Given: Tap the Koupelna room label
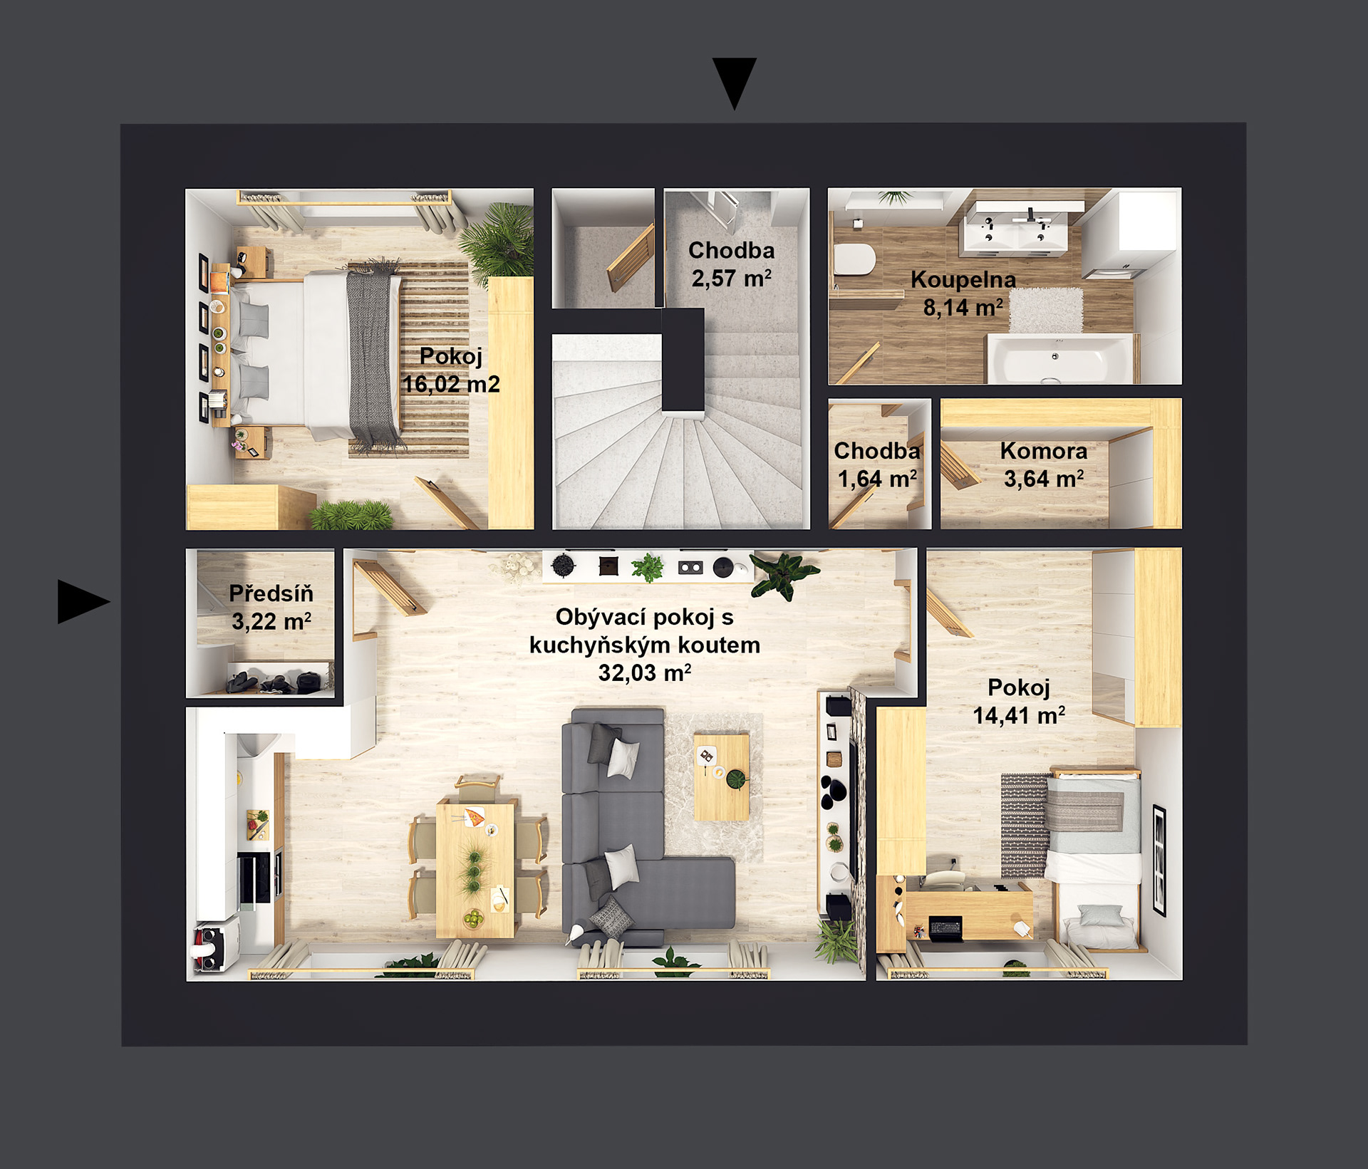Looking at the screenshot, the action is [963, 279].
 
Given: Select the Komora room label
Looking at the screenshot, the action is [1044, 451].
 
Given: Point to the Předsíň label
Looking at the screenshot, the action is [271, 593].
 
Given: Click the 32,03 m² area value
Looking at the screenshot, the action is [645, 672].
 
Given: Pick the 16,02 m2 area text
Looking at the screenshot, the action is [451, 385].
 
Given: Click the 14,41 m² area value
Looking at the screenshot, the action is [1019, 715].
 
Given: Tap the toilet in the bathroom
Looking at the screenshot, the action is [854, 260].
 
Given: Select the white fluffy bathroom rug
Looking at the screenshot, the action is [1045, 311].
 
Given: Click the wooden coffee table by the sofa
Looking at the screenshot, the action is [722, 776].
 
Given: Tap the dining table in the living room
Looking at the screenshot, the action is [475, 869].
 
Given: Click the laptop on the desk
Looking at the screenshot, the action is [944, 929].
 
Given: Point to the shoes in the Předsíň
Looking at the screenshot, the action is [274, 682].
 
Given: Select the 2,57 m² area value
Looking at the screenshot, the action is [732, 278].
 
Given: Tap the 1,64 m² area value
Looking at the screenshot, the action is [877, 479].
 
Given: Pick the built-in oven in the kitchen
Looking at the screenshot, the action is [254, 879].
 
